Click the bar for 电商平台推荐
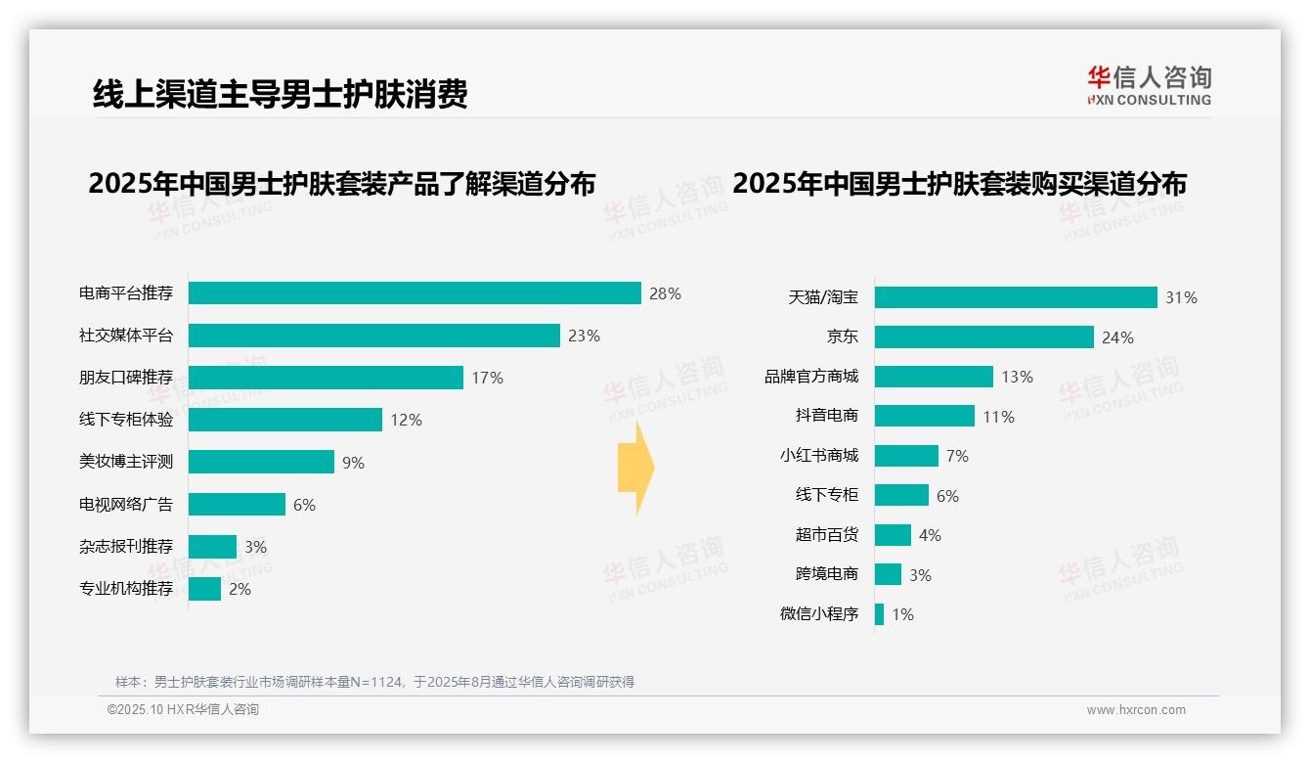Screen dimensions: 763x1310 (x=415, y=293)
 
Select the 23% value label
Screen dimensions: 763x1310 (x=584, y=336)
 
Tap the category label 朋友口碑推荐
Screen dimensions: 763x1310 (x=126, y=378)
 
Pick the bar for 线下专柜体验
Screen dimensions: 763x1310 (x=284, y=420)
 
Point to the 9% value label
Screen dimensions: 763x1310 (x=353, y=463)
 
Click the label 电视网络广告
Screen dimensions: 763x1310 (x=126, y=505)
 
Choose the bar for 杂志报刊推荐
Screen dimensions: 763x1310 (x=212, y=547)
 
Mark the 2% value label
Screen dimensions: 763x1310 (x=240, y=589)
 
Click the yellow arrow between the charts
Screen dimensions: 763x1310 (x=635, y=468)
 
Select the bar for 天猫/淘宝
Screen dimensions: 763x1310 (x=1016, y=297)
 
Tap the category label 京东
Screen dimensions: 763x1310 (x=843, y=337)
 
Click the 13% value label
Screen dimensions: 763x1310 (x=1017, y=377)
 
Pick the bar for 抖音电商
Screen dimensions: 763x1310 (x=924, y=416)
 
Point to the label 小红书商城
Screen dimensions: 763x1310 (x=819, y=456)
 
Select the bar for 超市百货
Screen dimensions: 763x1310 (x=893, y=535)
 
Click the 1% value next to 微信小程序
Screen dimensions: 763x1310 (x=902, y=615)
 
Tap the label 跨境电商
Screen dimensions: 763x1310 (x=827, y=575)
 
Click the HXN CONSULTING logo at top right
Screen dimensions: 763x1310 (x=1149, y=86)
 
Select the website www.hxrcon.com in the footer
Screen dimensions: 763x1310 (x=1136, y=710)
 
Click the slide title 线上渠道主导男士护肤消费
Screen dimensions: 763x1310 (x=281, y=94)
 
